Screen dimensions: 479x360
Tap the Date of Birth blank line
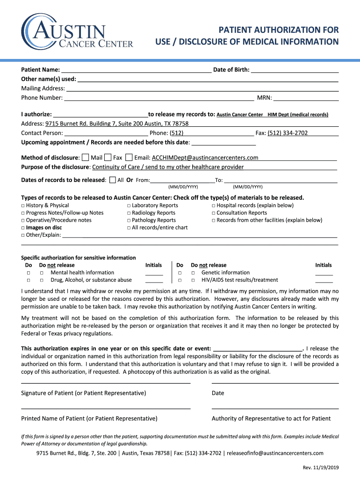point(295,70)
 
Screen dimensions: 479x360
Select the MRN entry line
point(306,98)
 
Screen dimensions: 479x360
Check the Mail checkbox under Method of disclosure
point(85,158)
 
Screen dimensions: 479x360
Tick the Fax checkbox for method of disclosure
point(108,158)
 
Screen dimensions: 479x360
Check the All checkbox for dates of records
point(112,180)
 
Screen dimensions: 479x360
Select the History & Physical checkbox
point(23,206)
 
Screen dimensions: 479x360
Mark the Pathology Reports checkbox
point(129,220)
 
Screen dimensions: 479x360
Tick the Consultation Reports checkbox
point(213,213)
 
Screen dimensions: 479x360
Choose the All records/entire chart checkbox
point(129,228)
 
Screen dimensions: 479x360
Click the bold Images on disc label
point(44,228)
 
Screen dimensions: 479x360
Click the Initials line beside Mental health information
point(154,274)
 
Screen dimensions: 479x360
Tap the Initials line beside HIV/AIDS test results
point(324,281)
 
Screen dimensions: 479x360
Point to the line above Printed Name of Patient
point(106,407)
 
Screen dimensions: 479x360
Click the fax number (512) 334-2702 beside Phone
point(287,133)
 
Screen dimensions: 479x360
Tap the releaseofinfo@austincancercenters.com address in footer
point(275,453)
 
